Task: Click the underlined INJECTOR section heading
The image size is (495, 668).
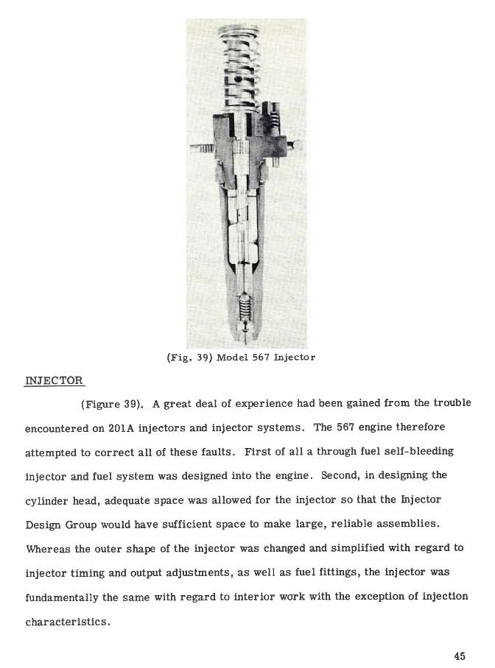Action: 54,380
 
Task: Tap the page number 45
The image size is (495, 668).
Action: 460,656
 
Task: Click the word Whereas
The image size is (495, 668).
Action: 49,549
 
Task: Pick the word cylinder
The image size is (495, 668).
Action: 49,500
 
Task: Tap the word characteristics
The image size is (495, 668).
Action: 68,622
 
